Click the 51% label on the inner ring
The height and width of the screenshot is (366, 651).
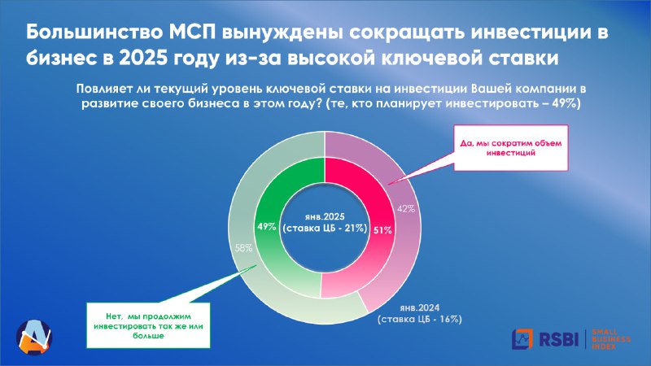click(382, 230)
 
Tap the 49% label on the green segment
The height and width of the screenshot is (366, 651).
click(267, 227)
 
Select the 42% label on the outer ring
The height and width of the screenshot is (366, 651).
click(405, 209)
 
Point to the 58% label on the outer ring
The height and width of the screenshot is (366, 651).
click(243, 248)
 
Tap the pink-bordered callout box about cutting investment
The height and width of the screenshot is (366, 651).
click(511, 148)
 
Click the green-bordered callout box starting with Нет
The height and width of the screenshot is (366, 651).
click(148, 326)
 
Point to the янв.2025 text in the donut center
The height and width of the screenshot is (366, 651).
click(325, 217)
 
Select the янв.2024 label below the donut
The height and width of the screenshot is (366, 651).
click(419, 308)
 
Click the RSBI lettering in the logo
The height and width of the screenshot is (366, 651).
click(558, 339)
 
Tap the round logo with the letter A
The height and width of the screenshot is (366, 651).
click(34, 337)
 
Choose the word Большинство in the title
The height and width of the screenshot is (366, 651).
click(94, 33)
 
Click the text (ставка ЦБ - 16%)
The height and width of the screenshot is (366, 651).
click(420, 319)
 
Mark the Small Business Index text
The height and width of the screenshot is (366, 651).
click(611, 339)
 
